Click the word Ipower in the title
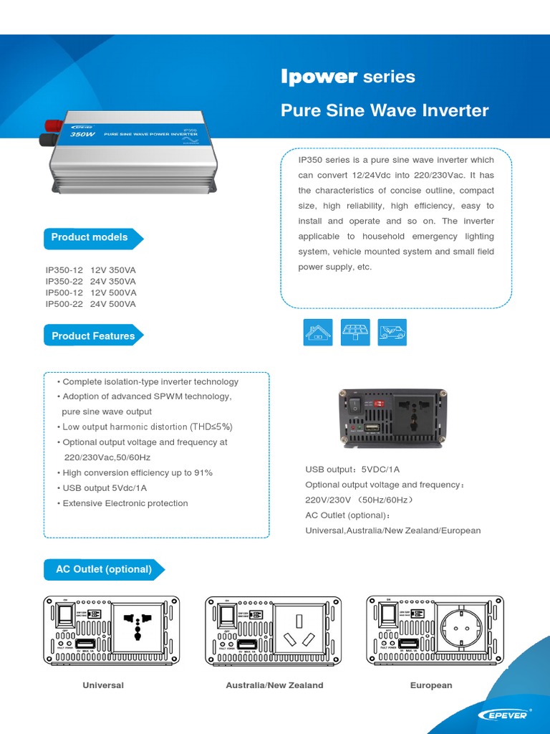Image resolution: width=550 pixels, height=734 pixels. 319,77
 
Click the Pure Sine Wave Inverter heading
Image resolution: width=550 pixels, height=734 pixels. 384,110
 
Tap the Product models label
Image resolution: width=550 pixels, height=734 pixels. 90,237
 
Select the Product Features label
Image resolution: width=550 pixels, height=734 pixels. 93,335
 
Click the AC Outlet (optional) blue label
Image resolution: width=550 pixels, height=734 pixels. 104,569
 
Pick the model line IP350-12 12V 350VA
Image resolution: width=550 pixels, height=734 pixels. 91,270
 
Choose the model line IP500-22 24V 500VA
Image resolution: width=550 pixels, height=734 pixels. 91,304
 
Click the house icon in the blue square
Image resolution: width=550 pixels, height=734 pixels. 317,332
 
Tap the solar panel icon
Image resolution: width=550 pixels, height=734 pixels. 355,332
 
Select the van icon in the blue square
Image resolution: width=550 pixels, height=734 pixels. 392,332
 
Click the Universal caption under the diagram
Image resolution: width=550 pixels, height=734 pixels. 103,685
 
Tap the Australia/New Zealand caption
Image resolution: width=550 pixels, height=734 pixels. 274,685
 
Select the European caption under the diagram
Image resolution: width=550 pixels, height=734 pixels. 431,685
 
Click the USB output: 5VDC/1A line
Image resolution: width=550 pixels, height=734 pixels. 352,470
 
